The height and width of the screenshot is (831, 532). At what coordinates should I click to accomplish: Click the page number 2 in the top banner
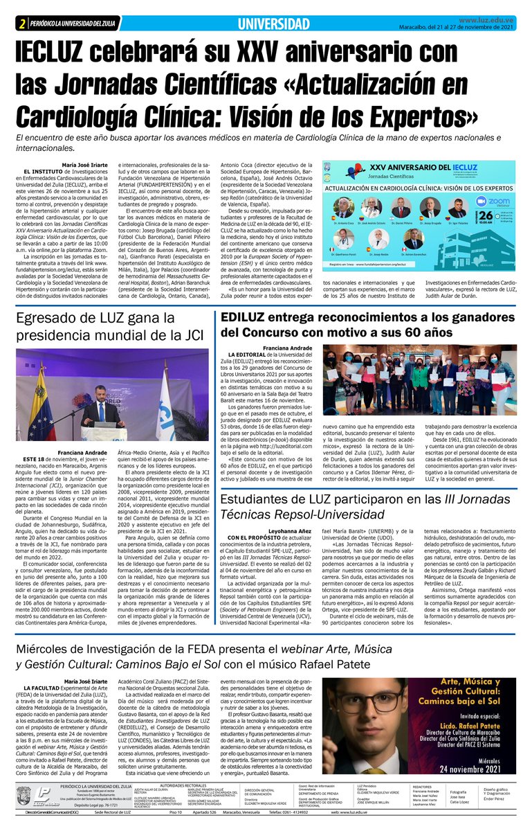(23, 24)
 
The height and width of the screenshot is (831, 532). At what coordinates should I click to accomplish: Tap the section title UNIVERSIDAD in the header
(273, 24)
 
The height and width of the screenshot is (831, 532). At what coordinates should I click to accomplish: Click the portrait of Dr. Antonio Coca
(344, 207)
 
